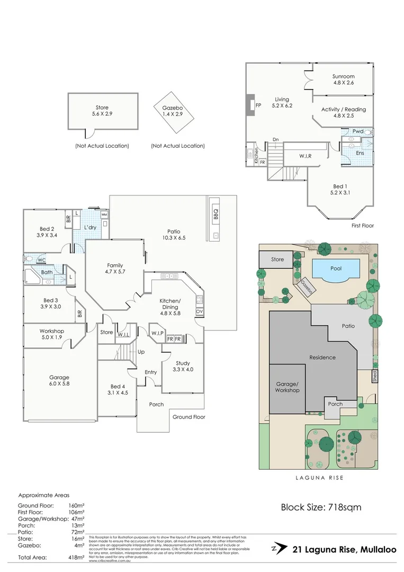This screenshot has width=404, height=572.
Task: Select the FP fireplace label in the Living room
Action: coord(258,105)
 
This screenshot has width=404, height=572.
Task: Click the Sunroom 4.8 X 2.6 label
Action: coord(343,79)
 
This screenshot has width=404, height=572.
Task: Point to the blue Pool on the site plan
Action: coord(336,269)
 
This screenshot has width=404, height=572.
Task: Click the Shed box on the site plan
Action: coord(374,377)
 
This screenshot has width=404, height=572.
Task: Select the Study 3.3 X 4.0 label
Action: coord(183,366)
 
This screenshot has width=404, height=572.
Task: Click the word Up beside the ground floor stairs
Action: coord(141,352)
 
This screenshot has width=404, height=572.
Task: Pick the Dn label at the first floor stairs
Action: coord(275,140)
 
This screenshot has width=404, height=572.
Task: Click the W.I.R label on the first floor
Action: coord(305,156)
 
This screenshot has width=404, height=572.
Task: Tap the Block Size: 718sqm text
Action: coord(321,507)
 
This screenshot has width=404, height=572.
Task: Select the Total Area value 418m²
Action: coord(77,558)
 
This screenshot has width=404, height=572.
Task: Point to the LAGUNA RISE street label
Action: coord(318,478)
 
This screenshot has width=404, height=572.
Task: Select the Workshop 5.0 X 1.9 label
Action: coord(51,334)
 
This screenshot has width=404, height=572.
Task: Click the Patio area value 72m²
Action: coord(77,531)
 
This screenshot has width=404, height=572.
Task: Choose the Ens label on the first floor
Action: coord(360,153)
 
